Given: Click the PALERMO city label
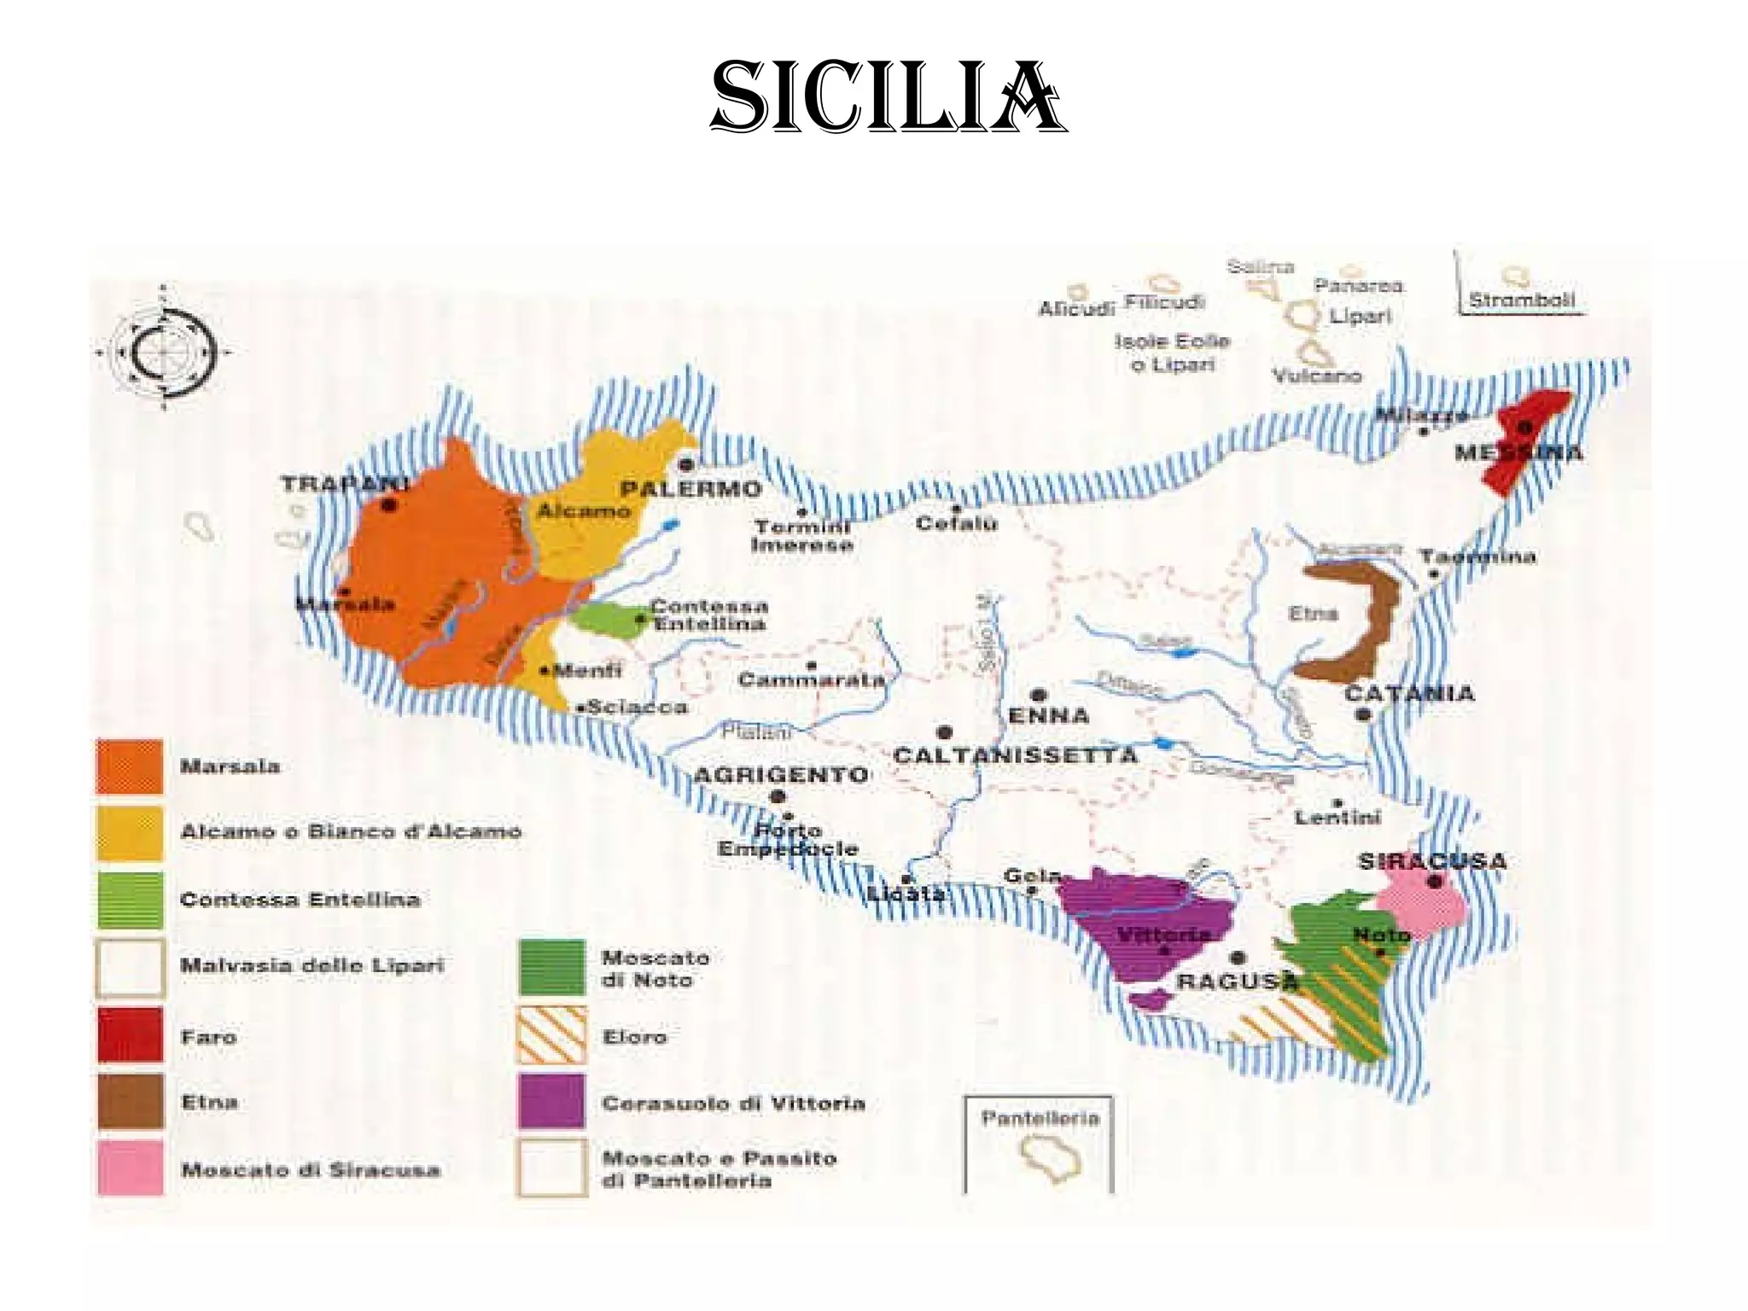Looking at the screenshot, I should point(690,489).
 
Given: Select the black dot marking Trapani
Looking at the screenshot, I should point(389,505).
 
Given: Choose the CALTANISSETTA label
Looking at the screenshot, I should point(1015,755).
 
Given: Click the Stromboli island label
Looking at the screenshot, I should point(1521,300).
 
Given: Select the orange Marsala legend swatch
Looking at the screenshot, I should point(130,766).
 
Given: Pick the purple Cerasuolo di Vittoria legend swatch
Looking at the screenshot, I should point(551,1102).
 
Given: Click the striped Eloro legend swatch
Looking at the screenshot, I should point(551,1035).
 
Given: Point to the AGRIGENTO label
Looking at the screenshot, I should point(780,775).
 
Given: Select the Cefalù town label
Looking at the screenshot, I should point(956,522).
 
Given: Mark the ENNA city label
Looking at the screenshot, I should point(1048,715).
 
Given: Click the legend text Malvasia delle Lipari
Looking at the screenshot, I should point(312,965).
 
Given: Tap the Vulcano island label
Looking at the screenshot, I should point(1316,376).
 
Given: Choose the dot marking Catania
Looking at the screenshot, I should point(1363,714).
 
